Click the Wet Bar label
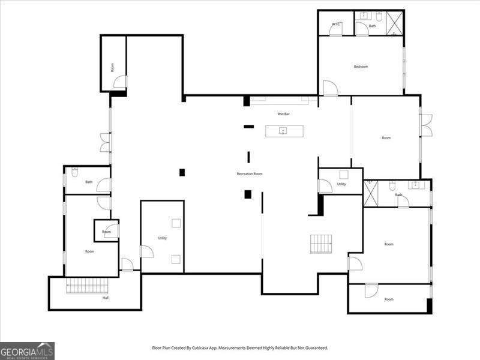pyautogui.click(x=283, y=114)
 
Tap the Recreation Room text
pyautogui.click(x=249, y=174)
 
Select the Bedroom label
pyautogui.click(x=360, y=67)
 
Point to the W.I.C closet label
pyautogui.click(x=336, y=24)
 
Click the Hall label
pyautogui.click(x=106, y=298)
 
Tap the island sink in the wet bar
pyautogui.click(x=284, y=130)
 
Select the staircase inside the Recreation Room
pyautogui.click(x=321, y=244)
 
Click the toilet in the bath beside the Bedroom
pyautogui.click(x=379, y=16)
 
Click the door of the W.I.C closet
pyautogui.click(x=335, y=32)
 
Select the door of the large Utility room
pyautogui.click(x=146, y=252)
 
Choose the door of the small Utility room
pyautogui.click(x=325, y=186)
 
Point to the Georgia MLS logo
pyautogui.click(x=27, y=350)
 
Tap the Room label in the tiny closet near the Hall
pyautogui.click(x=106, y=232)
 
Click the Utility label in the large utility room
pyautogui.click(x=162, y=238)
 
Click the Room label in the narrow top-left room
pyautogui.click(x=112, y=67)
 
